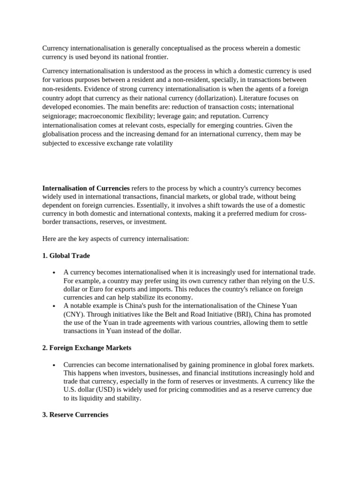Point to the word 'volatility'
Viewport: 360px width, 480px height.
(x=158, y=143)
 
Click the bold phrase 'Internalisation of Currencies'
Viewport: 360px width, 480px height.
(x=86, y=188)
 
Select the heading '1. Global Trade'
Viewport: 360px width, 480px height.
(x=66, y=255)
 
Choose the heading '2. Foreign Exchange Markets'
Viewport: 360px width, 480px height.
(x=87, y=348)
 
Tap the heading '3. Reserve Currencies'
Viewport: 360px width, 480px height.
(x=75, y=414)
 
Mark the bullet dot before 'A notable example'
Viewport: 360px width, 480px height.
(x=54, y=306)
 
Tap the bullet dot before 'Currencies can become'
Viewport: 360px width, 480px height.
(x=54, y=365)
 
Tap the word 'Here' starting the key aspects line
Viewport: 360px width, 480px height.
(x=49, y=239)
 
